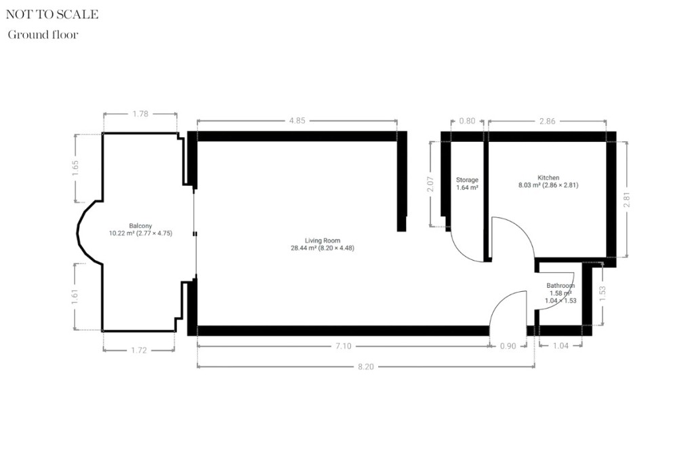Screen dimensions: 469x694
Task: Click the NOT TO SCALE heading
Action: point(52,14)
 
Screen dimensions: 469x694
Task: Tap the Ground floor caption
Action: point(43,35)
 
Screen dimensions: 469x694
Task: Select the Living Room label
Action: point(322,240)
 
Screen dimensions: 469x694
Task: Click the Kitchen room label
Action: point(548,177)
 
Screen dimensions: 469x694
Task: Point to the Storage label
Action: point(467,180)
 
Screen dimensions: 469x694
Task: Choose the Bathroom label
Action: point(560,286)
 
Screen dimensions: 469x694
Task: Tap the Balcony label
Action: point(140,225)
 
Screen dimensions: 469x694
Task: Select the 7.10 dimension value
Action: point(343,346)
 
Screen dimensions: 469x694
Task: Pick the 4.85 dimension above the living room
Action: point(297,120)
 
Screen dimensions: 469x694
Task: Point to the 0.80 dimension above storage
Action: point(467,120)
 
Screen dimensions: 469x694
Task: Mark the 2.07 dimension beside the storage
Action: point(430,184)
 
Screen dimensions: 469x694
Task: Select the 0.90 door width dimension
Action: point(508,346)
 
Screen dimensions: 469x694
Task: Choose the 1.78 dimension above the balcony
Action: point(140,113)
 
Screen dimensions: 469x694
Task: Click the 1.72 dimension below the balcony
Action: point(138,350)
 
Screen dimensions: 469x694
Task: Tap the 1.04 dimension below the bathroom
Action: point(560,346)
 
